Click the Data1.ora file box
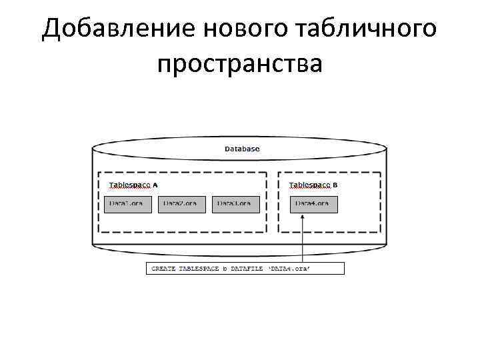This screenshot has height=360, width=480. tap(128, 204)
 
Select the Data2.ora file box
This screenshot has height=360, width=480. tap(181, 204)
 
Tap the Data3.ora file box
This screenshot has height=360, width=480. tap(235, 204)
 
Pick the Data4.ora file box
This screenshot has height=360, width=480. tap(314, 204)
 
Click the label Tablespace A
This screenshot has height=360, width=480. tap(133, 185)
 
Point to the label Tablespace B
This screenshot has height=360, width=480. tap(314, 185)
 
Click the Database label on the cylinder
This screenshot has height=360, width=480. tap(242, 149)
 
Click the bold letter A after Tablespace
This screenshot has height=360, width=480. tap(155, 185)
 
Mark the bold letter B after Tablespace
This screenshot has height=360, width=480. tap(335, 185)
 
